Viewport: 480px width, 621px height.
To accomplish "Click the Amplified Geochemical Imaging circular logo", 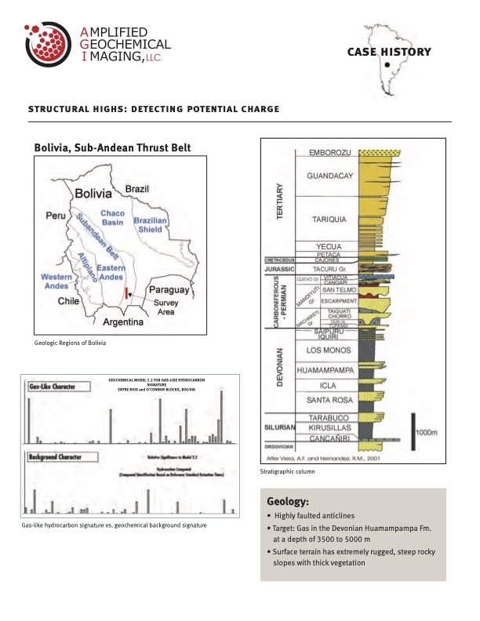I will pyautogui.click(x=49, y=48).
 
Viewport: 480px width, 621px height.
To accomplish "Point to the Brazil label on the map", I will pyautogui.click(x=138, y=189).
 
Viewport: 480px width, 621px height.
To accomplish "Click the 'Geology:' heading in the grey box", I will pyautogui.click(x=288, y=500).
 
